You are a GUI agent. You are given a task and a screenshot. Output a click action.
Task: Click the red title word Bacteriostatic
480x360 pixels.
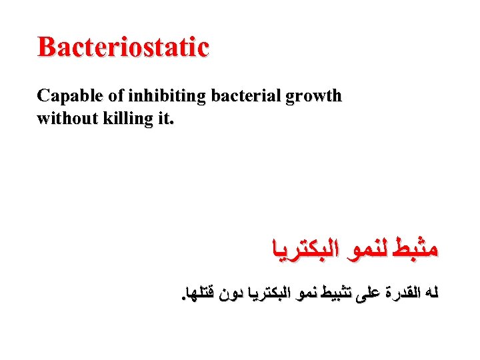tap(123, 47)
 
